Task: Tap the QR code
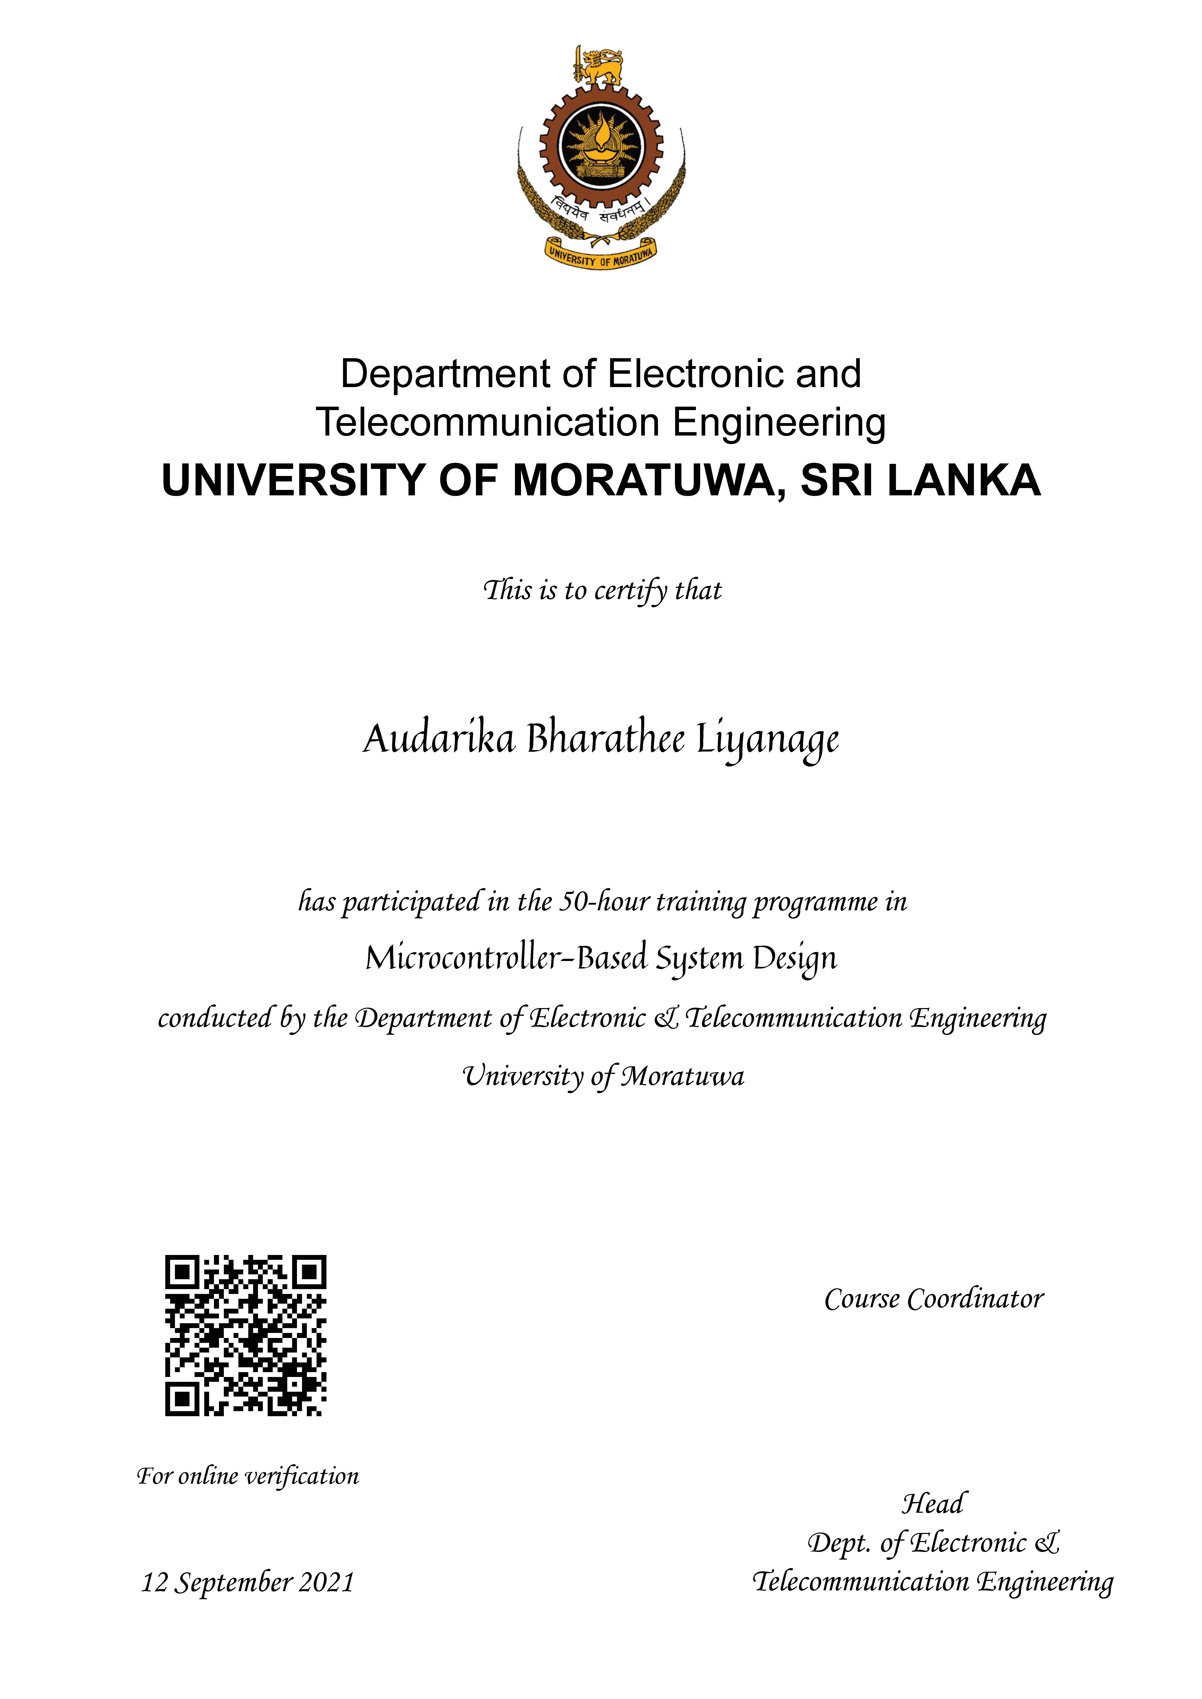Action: coord(245,1336)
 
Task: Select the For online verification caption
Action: coord(248,1476)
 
